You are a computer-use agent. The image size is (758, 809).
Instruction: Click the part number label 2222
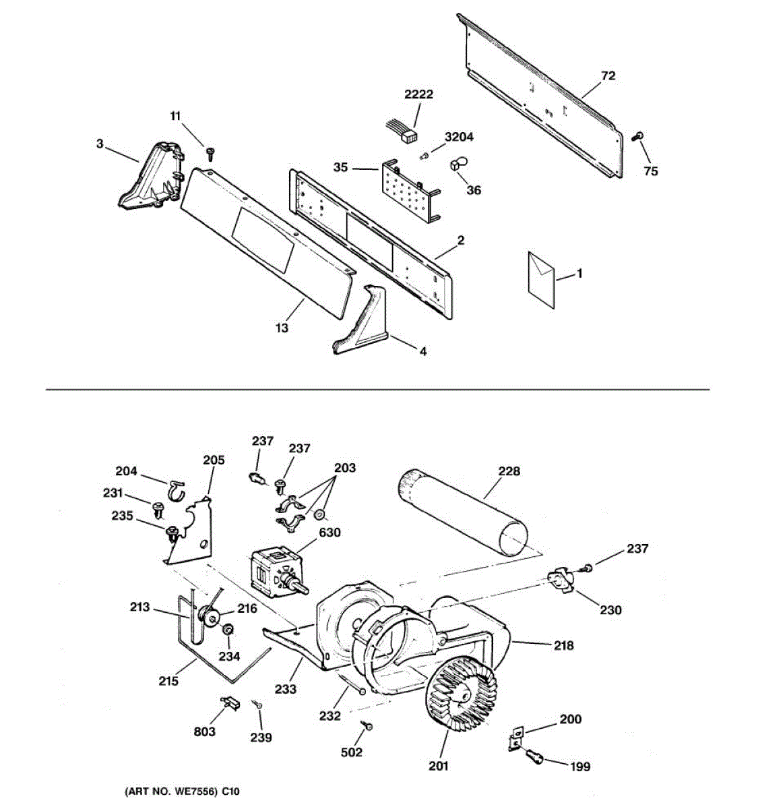pyautogui.click(x=418, y=95)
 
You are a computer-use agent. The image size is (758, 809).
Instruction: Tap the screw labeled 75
pyautogui.click(x=637, y=137)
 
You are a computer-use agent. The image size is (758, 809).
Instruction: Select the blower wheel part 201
pyautogui.click(x=463, y=703)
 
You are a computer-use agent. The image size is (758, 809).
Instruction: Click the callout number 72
pyautogui.click(x=608, y=76)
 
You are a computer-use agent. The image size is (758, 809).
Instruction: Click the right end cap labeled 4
pyautogui.click(x=362, y=321)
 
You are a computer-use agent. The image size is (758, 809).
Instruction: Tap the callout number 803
pyautogui.click(x=204, y=731)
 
